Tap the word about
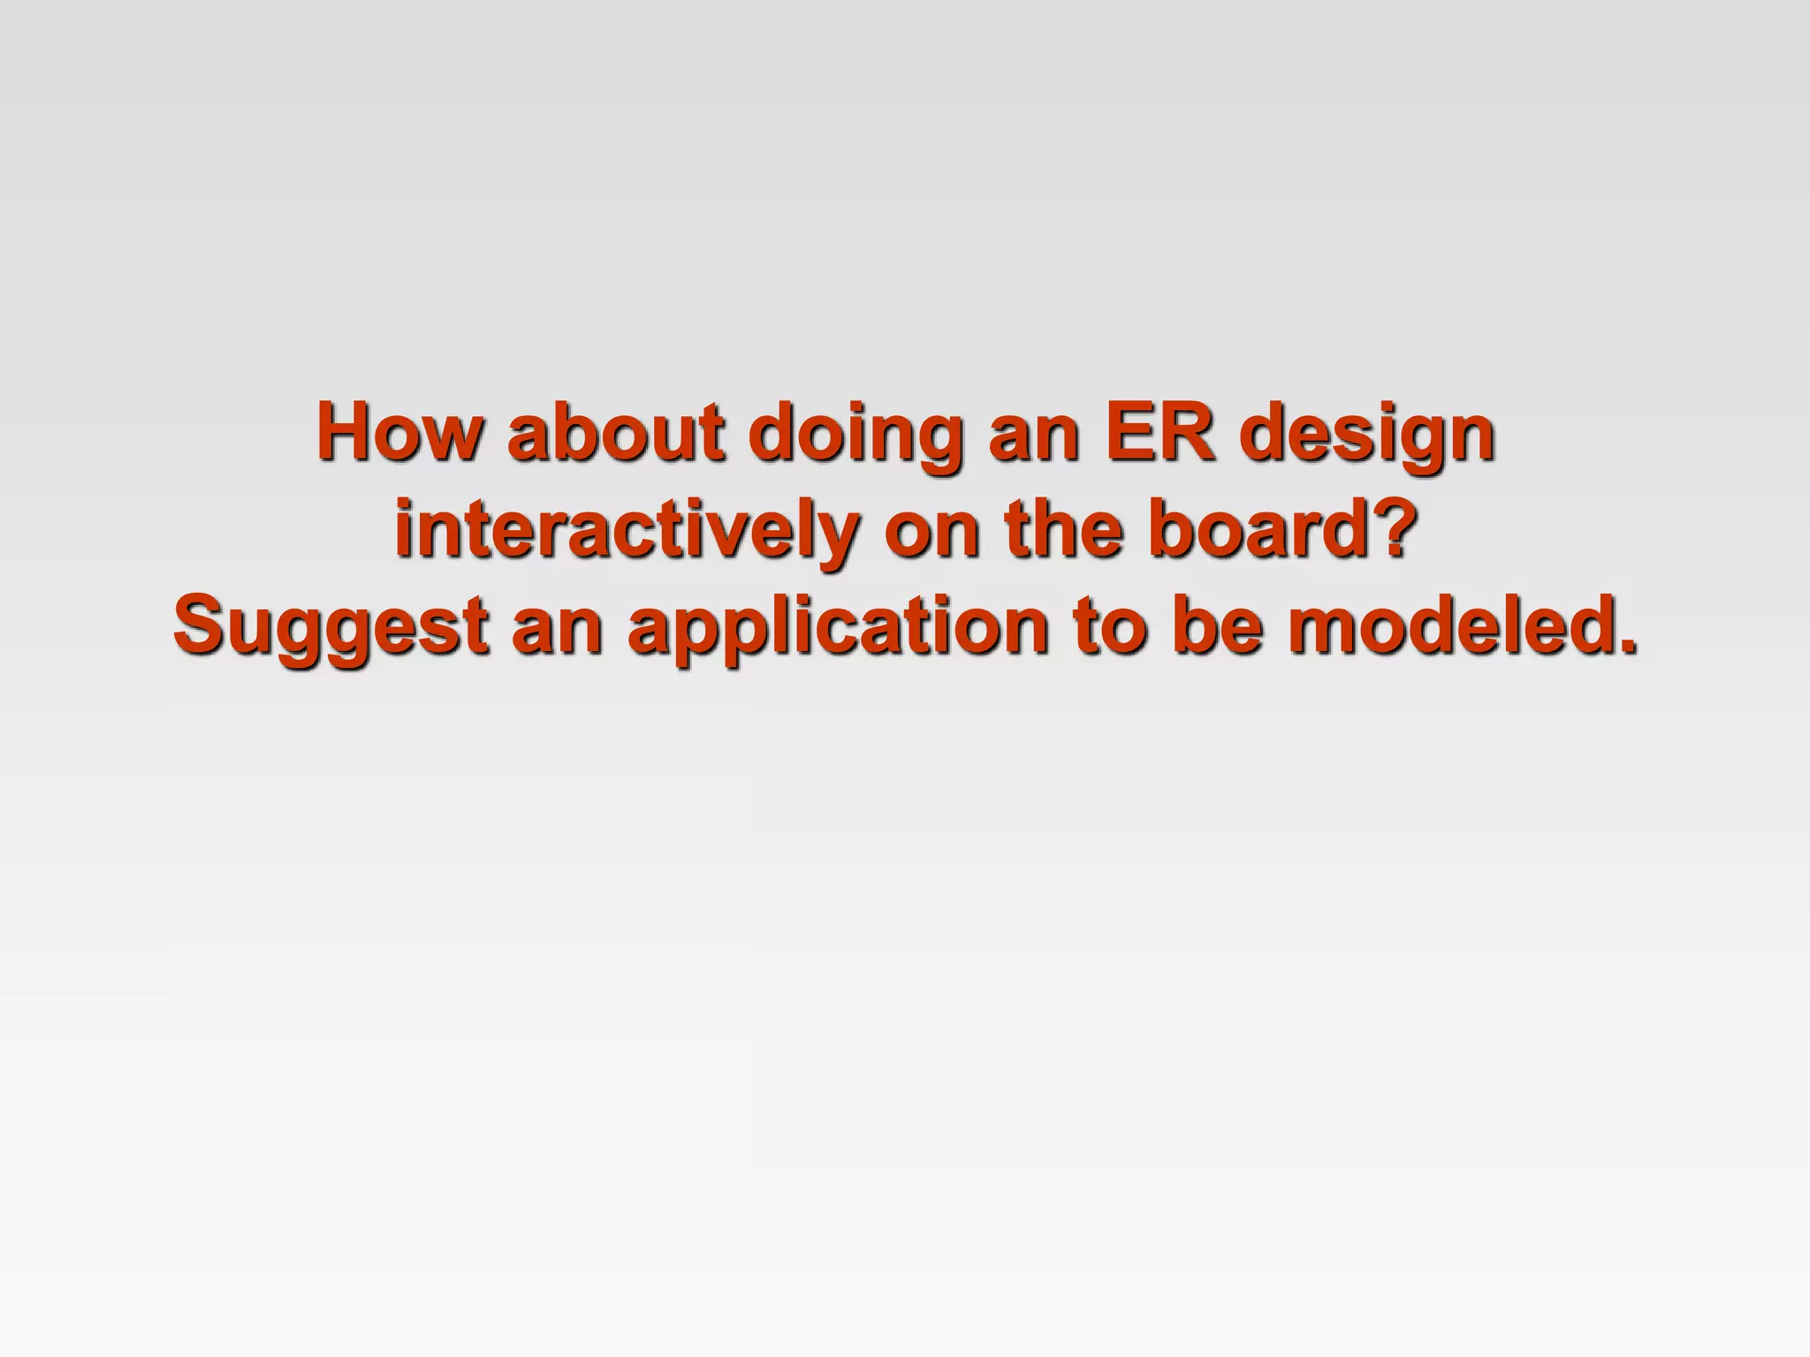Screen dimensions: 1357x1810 point(617,432)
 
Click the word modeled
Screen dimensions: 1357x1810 point(1445,625)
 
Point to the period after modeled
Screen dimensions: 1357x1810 point(1624,645)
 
